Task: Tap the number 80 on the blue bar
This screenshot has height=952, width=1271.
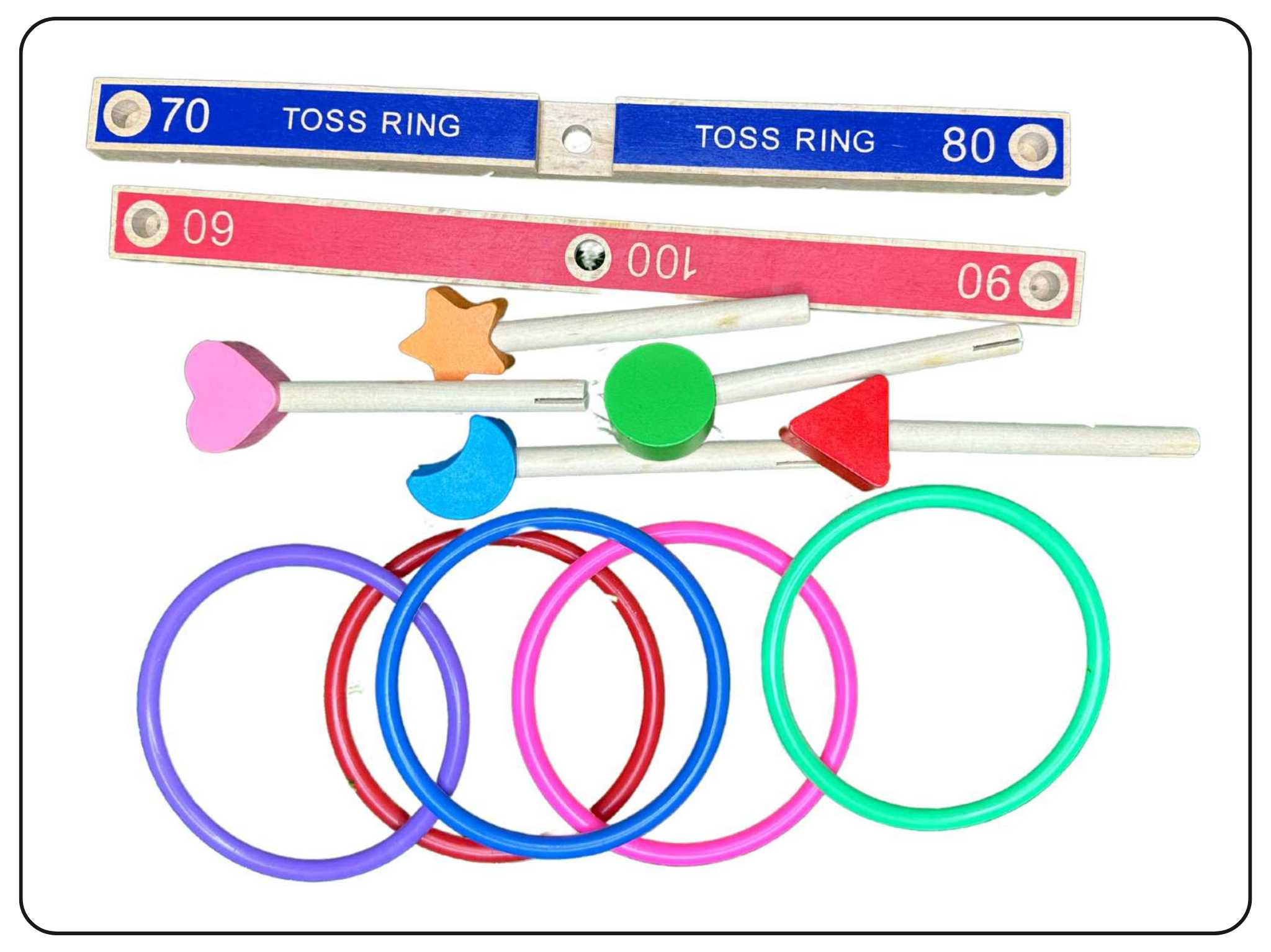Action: [968, 145]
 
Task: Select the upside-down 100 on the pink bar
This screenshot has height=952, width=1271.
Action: [662, 261]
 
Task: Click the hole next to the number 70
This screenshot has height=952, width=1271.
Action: [127, 113]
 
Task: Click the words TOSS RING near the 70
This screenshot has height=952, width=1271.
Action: [371, 121]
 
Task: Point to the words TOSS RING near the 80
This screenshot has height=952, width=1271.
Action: [785, 138]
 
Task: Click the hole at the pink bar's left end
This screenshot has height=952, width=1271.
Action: [146, 223]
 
